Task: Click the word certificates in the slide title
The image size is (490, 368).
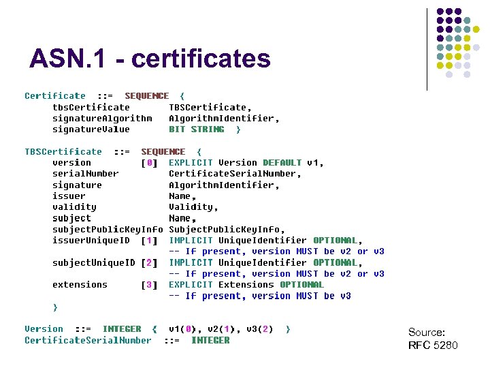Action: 201,59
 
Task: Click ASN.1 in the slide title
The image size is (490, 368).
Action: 69,59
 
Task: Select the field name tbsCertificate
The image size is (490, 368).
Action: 91,107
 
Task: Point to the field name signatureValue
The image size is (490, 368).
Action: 91,129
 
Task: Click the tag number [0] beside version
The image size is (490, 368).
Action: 149,163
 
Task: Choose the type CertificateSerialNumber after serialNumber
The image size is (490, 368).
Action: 234,174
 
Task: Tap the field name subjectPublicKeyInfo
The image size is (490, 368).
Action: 108,229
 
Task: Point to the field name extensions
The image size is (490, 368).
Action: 80,284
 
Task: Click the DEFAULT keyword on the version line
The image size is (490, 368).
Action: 282,163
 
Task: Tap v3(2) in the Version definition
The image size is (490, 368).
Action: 259,328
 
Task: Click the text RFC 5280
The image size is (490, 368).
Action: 433,345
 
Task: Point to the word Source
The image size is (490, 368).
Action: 426,333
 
